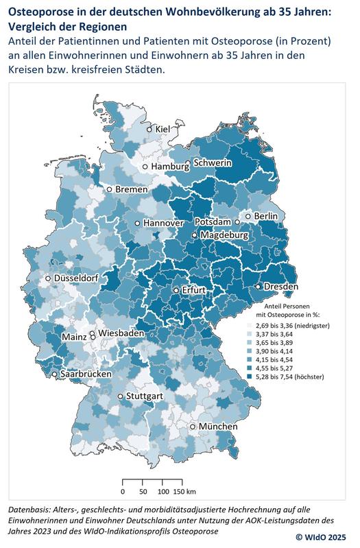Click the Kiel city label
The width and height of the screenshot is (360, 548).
pos(163,129)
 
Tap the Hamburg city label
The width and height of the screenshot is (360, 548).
pos(170,167)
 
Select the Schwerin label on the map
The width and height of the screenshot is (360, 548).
pos(213,163)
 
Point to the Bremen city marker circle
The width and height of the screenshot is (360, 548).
pos(108,189)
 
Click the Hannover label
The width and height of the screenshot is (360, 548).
pos(164,224)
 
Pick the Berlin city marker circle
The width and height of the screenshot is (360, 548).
pos(250,216)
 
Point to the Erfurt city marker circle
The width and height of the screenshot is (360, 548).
pos(176,291)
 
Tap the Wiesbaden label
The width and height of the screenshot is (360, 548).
pos(121,333)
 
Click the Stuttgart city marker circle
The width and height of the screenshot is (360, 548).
pos(121,396)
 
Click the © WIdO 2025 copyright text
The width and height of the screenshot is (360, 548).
pos(325,537)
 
